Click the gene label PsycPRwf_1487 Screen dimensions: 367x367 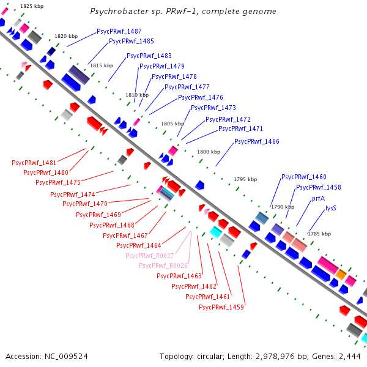coord(119,31)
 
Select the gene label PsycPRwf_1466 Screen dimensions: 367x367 coord(257,141)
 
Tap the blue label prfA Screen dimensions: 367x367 coord(318,199)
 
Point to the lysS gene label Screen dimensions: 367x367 coord(331,208)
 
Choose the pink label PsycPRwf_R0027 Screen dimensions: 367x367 coord(150,256)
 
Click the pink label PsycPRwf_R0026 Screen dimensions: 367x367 coord(163,265)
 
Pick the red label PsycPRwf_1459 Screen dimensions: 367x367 coord(221,307)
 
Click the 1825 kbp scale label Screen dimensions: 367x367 coord(31,6)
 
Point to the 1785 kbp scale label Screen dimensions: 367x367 coord(320,234)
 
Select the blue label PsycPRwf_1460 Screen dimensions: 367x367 coord(304,177)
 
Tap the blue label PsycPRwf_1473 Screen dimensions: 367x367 coord(213,108)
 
